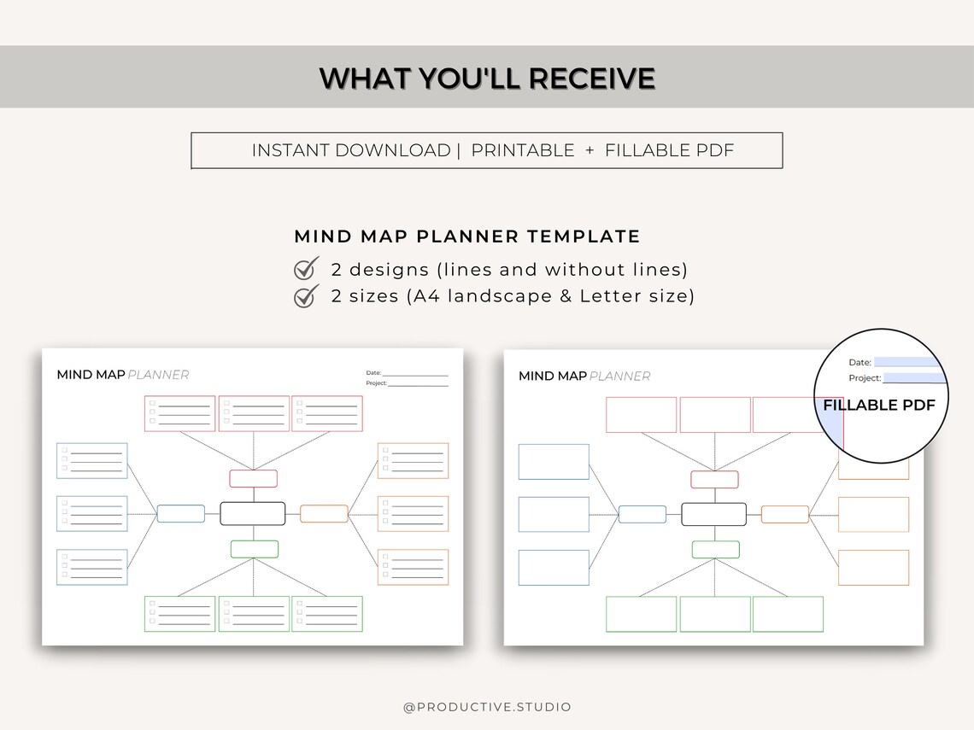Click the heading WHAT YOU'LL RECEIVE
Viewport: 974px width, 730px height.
(x=487, y=79)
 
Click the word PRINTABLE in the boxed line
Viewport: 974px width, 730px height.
(x=523, y=150)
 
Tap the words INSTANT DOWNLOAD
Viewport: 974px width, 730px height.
(x=350, y=150)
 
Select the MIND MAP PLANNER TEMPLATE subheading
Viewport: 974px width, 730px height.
(x=466, y=237)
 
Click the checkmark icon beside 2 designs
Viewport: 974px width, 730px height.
(x=306, y=269)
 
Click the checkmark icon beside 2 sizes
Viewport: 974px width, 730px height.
(x=306, y=296)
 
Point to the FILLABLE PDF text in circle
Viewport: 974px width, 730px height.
(x=879, y=406)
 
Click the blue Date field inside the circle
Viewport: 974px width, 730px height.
(x=910, y=362)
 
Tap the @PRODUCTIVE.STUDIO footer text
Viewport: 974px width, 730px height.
(x=487, y=707)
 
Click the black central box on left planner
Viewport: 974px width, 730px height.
(x=252, y=513)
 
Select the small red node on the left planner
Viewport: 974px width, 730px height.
(x=253, y=478)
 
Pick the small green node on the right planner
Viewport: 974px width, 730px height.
(x=715, y=549)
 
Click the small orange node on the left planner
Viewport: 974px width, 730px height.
(x=324, y=514)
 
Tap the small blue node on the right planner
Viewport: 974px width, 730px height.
(x=642, y=514)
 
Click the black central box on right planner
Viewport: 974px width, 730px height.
(x=713, y=514)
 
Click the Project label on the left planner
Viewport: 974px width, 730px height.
(x=376, y=383)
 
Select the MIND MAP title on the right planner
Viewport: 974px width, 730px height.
(x=552, y=376)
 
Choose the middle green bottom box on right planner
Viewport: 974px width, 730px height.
(x=715, y=614)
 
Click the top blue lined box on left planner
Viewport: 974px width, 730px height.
(x=91, y=460)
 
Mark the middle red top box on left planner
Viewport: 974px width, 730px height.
(x=254, y=413)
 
